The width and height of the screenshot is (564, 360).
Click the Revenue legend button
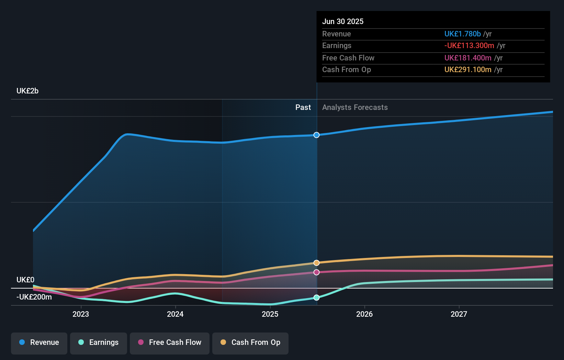(39, 342)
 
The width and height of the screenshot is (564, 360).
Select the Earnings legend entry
(99, 342)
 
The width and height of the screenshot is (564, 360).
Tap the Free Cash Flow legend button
(170, 342)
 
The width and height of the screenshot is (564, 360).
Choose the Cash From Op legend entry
(250, 342)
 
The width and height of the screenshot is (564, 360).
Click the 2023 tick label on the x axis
(81, 314)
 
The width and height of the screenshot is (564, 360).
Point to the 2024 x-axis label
(175, 314)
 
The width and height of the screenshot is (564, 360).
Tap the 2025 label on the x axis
(270, 314)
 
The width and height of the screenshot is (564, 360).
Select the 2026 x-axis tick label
(364, 314)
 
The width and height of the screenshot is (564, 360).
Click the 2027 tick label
(459, 314)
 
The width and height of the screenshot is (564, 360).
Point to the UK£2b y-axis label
(27, 91)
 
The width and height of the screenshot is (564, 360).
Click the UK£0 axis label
(25, 280)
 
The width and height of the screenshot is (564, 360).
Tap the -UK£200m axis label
(34, 297)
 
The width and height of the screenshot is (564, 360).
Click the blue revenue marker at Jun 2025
(316, 135)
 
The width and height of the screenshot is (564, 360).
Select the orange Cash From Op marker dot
(316, 263)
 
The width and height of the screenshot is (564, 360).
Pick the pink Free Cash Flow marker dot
(316, 272)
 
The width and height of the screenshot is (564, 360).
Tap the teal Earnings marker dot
(316, 297)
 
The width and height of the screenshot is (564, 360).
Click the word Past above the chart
(303, 108)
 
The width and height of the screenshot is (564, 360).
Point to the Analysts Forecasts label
(355, 108)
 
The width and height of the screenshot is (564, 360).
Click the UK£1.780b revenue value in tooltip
(462, 34)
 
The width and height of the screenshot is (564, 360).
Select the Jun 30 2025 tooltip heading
(343, 21)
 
